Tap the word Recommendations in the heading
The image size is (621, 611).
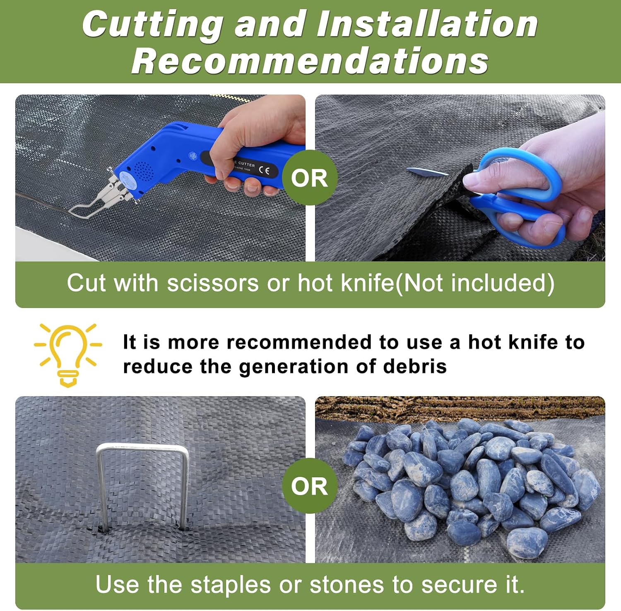pyautogui.click(x=310, y=61)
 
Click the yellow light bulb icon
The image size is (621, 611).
pyautogui.click(x=68, y=355)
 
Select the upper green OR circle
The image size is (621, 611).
pyautogui.click(x=310, y=178)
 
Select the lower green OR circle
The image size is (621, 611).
pyautogui.click(x=310, y=486)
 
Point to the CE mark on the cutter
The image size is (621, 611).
pyautogui.click(x=264, y=170)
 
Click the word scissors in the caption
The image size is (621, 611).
pyautogui.click(x=213, y=284)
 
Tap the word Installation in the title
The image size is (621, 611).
pyautogui.click(x=427, y=24)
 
